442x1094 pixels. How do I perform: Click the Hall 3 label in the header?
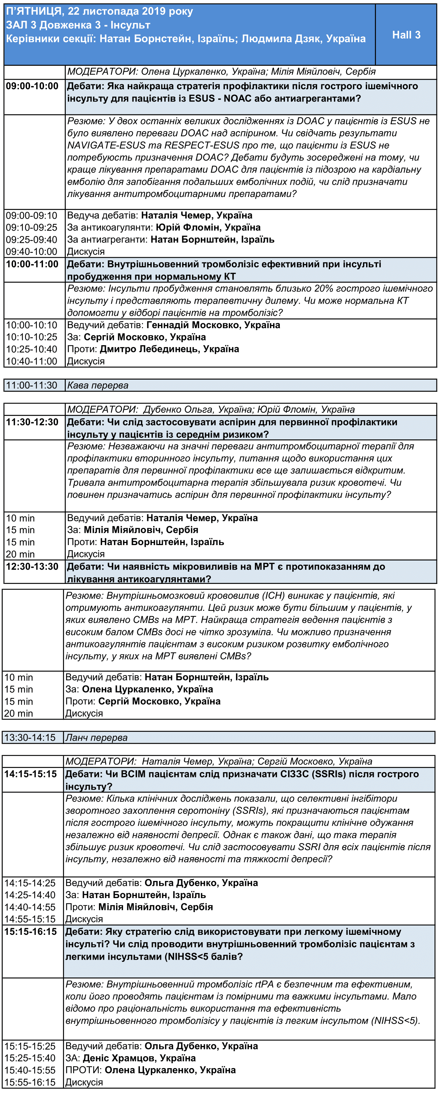[406, 35]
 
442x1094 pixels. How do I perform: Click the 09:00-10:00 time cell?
[32, 86]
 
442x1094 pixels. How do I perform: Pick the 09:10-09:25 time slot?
[31, 228]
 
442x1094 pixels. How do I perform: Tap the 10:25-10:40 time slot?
[31, 349]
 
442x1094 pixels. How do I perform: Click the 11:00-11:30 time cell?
[31, 385]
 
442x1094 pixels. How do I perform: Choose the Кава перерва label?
[98, 385]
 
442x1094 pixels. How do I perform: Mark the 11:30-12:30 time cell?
[32, 422]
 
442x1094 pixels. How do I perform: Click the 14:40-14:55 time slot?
[30, 907]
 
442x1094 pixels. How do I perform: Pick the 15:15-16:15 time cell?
[30, 932]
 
